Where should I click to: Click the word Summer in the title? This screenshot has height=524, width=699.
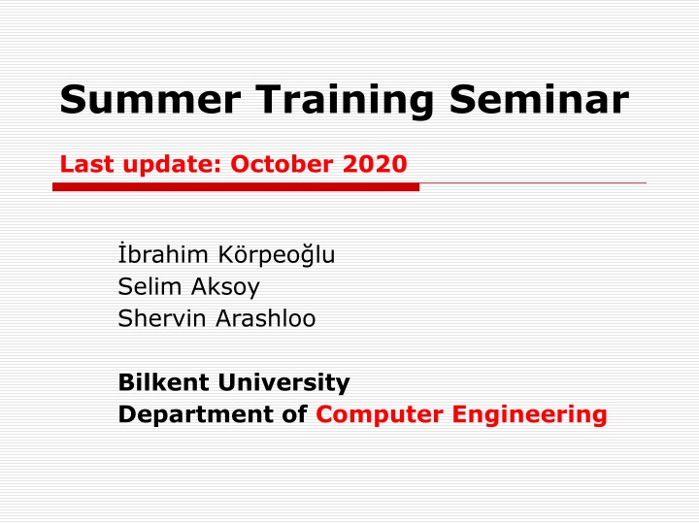click(x=150, y=99)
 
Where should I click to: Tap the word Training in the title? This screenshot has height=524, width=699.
click(x=345, y=102)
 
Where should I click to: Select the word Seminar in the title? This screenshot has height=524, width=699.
click(x=539, y=99)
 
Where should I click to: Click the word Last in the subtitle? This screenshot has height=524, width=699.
click(x=87, y=164)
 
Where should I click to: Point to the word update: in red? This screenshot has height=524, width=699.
click(x=173, y=165)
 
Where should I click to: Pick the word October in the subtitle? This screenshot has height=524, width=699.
click(x=282, y=164)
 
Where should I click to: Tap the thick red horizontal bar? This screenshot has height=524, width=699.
click(x=236, y=186)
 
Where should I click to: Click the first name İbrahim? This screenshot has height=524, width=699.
click(x=163, y=254)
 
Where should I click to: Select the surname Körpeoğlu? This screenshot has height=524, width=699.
click(x=277, y=256)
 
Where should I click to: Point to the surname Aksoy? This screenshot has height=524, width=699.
click(x=225, y=287)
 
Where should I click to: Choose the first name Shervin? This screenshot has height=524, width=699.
click(x=162, y=318)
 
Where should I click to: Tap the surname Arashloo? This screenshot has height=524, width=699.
click(x=266, y=318)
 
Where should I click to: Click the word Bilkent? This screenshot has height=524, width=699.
click(x=164, y=382)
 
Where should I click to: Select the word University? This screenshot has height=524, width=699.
click(x=283, y=383)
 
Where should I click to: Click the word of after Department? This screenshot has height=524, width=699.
click(x=295, y=414)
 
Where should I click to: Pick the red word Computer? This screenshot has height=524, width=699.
click(x=380, y=415)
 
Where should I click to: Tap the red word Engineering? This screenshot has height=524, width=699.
click(x=530, y=415)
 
